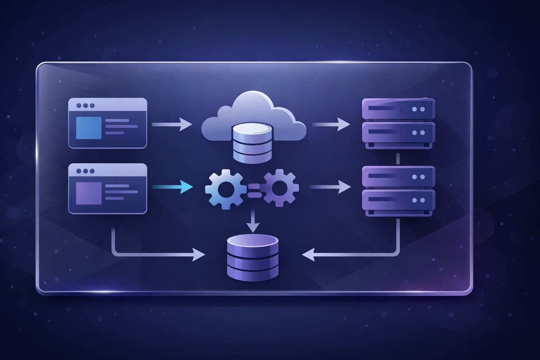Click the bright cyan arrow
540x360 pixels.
click(x=172, y=187)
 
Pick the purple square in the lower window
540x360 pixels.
click(x=86, y=193)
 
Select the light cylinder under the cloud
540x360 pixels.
click(x=253, y=144)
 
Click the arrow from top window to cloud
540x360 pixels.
click(x=172, y=124)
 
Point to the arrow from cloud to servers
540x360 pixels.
click(x=330, y=124)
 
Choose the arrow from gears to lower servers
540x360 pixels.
click(x=330, y=187)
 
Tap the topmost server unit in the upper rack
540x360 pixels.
click(x=398, y=109)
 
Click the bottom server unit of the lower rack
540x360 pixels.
click(x=398, y=200)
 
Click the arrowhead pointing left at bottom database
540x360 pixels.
click(x=308, y=254)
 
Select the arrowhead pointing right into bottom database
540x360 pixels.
click(x=199, y=254)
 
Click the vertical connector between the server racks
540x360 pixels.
click(x=398, y=159)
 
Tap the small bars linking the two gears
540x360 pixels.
click(x=253, y=190)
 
